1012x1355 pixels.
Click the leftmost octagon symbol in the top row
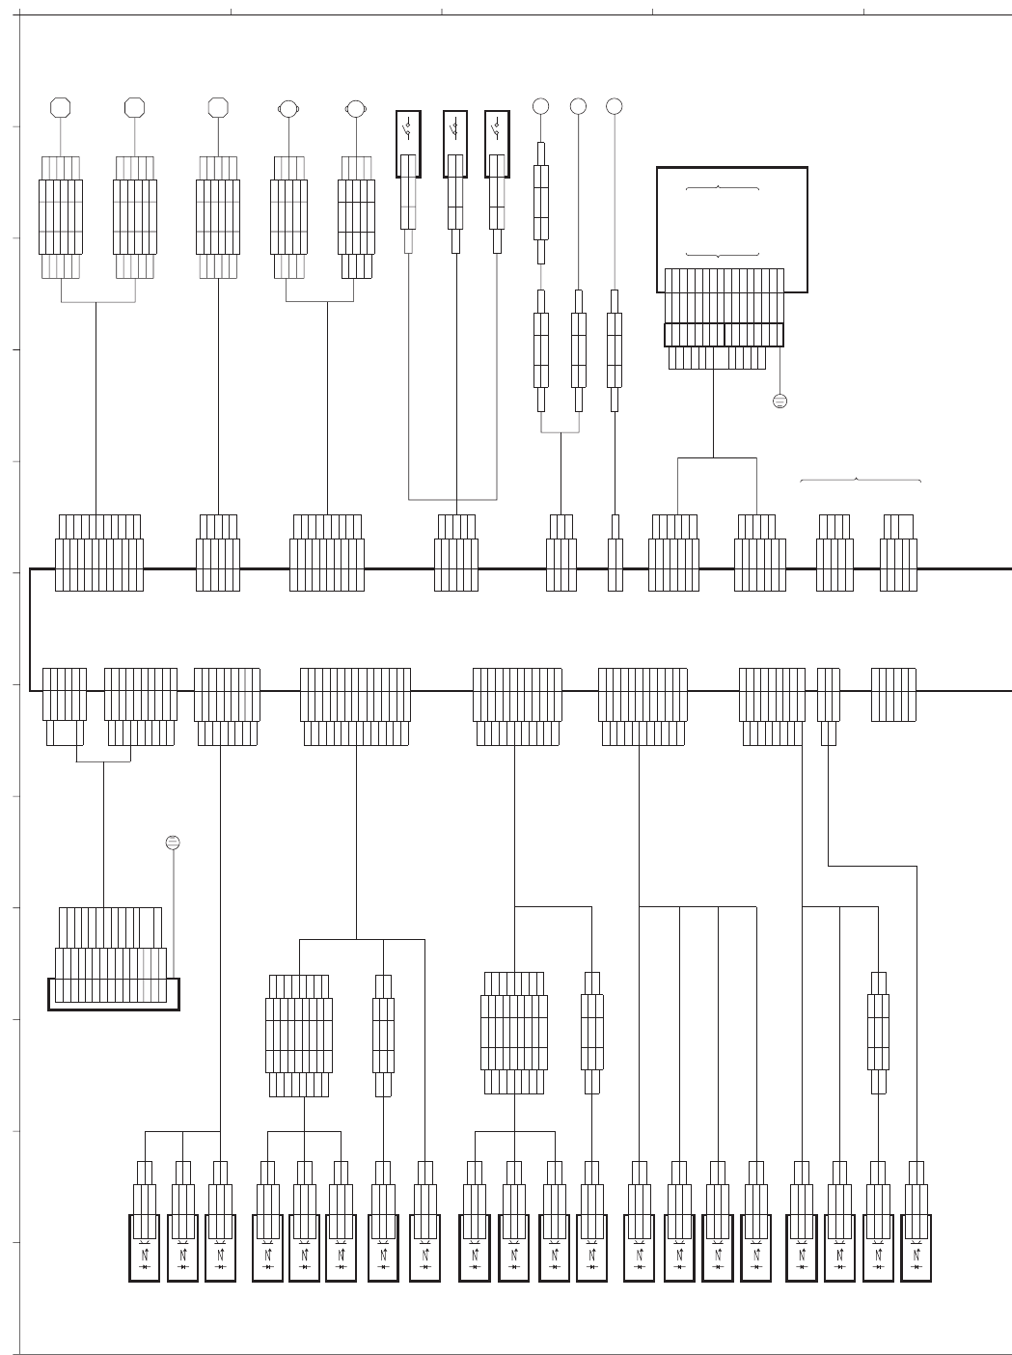62,107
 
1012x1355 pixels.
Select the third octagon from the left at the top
218,107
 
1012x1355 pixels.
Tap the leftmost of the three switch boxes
408,144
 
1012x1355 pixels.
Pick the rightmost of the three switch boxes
497,144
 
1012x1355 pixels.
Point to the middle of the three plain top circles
578,106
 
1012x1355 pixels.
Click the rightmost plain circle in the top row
614,106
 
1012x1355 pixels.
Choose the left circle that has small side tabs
287,109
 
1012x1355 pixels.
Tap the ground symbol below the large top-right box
780,401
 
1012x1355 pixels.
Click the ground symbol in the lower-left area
173,843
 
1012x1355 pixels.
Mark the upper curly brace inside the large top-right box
722,187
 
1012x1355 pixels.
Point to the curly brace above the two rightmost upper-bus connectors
860,480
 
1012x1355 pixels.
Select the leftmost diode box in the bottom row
144,1248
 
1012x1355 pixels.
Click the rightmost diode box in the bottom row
916,1248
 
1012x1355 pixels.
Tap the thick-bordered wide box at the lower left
114,994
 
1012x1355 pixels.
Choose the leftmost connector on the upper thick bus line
99,564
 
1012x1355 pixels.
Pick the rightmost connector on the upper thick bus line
898,564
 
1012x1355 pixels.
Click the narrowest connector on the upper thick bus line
615,564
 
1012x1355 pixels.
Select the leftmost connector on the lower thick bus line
64,694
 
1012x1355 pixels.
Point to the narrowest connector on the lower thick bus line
828,694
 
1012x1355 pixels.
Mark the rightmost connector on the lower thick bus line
893,694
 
